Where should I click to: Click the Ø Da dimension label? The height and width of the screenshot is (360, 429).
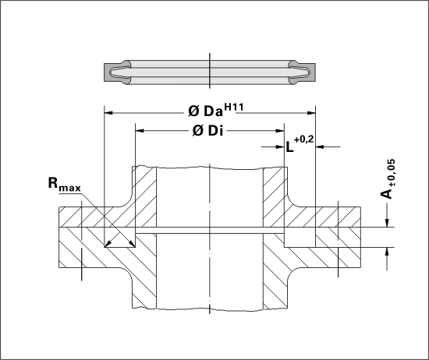point(205,111)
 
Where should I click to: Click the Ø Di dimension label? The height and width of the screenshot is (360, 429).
point(208,131)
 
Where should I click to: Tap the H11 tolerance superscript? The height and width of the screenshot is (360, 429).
point(234,107)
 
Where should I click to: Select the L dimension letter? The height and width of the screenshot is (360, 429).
point(289,147)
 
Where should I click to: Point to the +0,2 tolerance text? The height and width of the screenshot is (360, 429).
point(303,139)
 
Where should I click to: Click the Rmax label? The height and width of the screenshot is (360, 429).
point(65,184)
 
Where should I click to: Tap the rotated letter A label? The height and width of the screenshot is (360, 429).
point(386,194)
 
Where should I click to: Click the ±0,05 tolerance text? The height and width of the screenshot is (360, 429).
point(392,172)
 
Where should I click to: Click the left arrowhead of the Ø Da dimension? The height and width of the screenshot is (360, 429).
point(108,113)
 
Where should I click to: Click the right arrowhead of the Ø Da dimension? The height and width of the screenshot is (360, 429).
point(311,113)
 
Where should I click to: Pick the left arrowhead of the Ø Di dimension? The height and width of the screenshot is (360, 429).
point(140,131)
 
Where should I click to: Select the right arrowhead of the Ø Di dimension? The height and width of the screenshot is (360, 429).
point(280,131)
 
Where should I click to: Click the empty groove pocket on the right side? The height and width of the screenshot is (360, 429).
point(300,237)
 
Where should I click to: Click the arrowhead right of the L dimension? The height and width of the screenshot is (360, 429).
point(320,147)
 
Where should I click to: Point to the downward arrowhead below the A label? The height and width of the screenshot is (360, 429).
point(387,223)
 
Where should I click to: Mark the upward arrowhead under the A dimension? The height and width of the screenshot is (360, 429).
point(387,252)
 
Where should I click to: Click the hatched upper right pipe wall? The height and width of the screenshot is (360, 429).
point(275,197)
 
